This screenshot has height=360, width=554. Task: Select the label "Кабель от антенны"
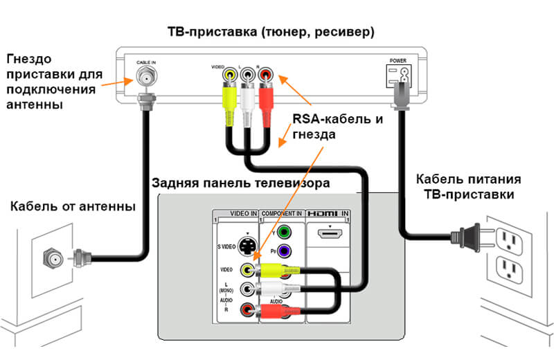coord(73,206)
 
